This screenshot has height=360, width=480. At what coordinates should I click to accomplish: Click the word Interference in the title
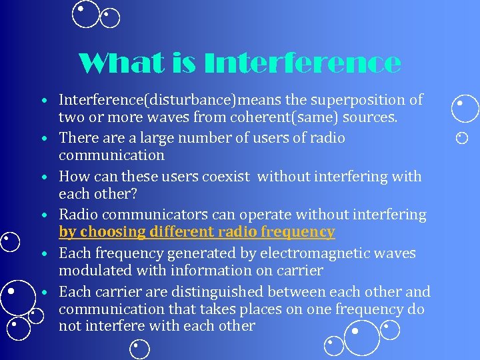tap(304, 64)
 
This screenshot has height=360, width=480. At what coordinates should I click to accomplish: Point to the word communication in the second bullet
tap(111, 155)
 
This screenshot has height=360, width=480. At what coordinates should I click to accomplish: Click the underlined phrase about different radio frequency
tap(197, 232)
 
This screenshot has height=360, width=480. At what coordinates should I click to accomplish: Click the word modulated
tap(93, 271)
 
